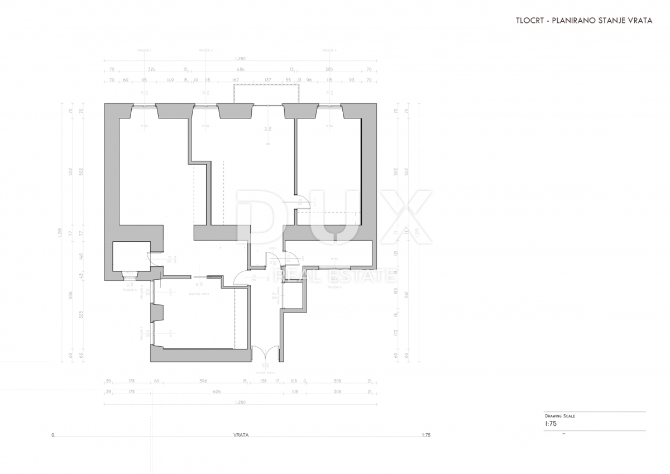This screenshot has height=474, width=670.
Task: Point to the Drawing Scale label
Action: pyautogui.click(x=560, y=416)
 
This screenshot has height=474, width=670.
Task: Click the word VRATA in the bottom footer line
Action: pyautogui.click(x=241, y=435)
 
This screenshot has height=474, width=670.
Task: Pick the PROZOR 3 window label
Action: pyautogui.click(x=329, y=51)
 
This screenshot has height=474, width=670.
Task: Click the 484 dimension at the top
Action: pyautogui.click(x=241, y=70)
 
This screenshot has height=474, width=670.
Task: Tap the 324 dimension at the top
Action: pyautogui.click(x=151, y=70)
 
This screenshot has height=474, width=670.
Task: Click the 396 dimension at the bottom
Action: pyautogui.click(x=203, y=381)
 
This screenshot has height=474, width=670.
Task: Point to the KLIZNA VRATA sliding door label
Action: pyautogui.click(x=199, y=293)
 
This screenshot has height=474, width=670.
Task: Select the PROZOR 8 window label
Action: pyautogui.click(x=334, y=287)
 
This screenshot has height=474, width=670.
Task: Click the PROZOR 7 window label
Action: pyautogui.click(x=142, y=333)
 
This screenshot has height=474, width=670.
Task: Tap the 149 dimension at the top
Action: pyautogui.click(x=169, y=80)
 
